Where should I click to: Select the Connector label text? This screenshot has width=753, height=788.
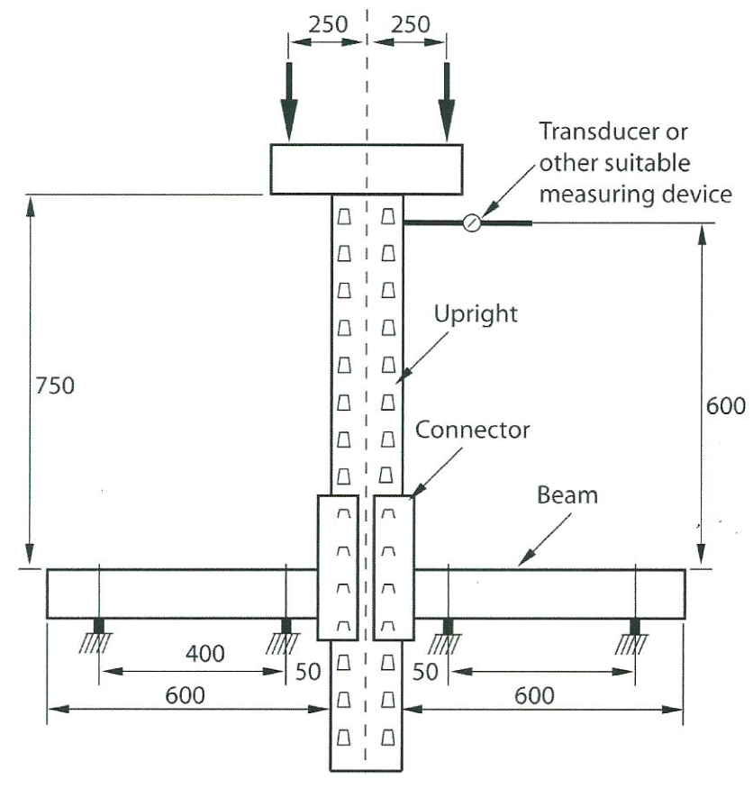tap(473, 430)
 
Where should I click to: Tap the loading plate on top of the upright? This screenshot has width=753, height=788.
tap(367, 169)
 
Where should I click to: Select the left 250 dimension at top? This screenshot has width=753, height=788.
tap(327, 24)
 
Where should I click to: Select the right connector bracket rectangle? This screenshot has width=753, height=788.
tap(394, 567)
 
